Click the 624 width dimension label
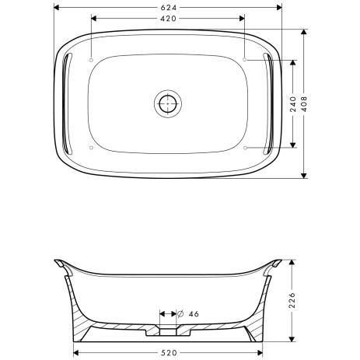pyautogui.click(x=169, y=6)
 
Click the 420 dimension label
pyautogui.click(x=169, y=17)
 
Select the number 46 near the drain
pyautogui.click(x=194, y=313)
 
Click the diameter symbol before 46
pyautogui.click(x=181, y=313)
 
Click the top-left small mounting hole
pyautogui.click(x=92, y=60)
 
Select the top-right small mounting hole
pyautogui.click(x=245, y=60)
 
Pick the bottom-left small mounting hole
pyautogui.click(x=92, y=147)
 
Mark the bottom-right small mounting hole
pyautogui.click(x=245, y=147)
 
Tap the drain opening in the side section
pyautogui.click(x=168, y=333)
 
